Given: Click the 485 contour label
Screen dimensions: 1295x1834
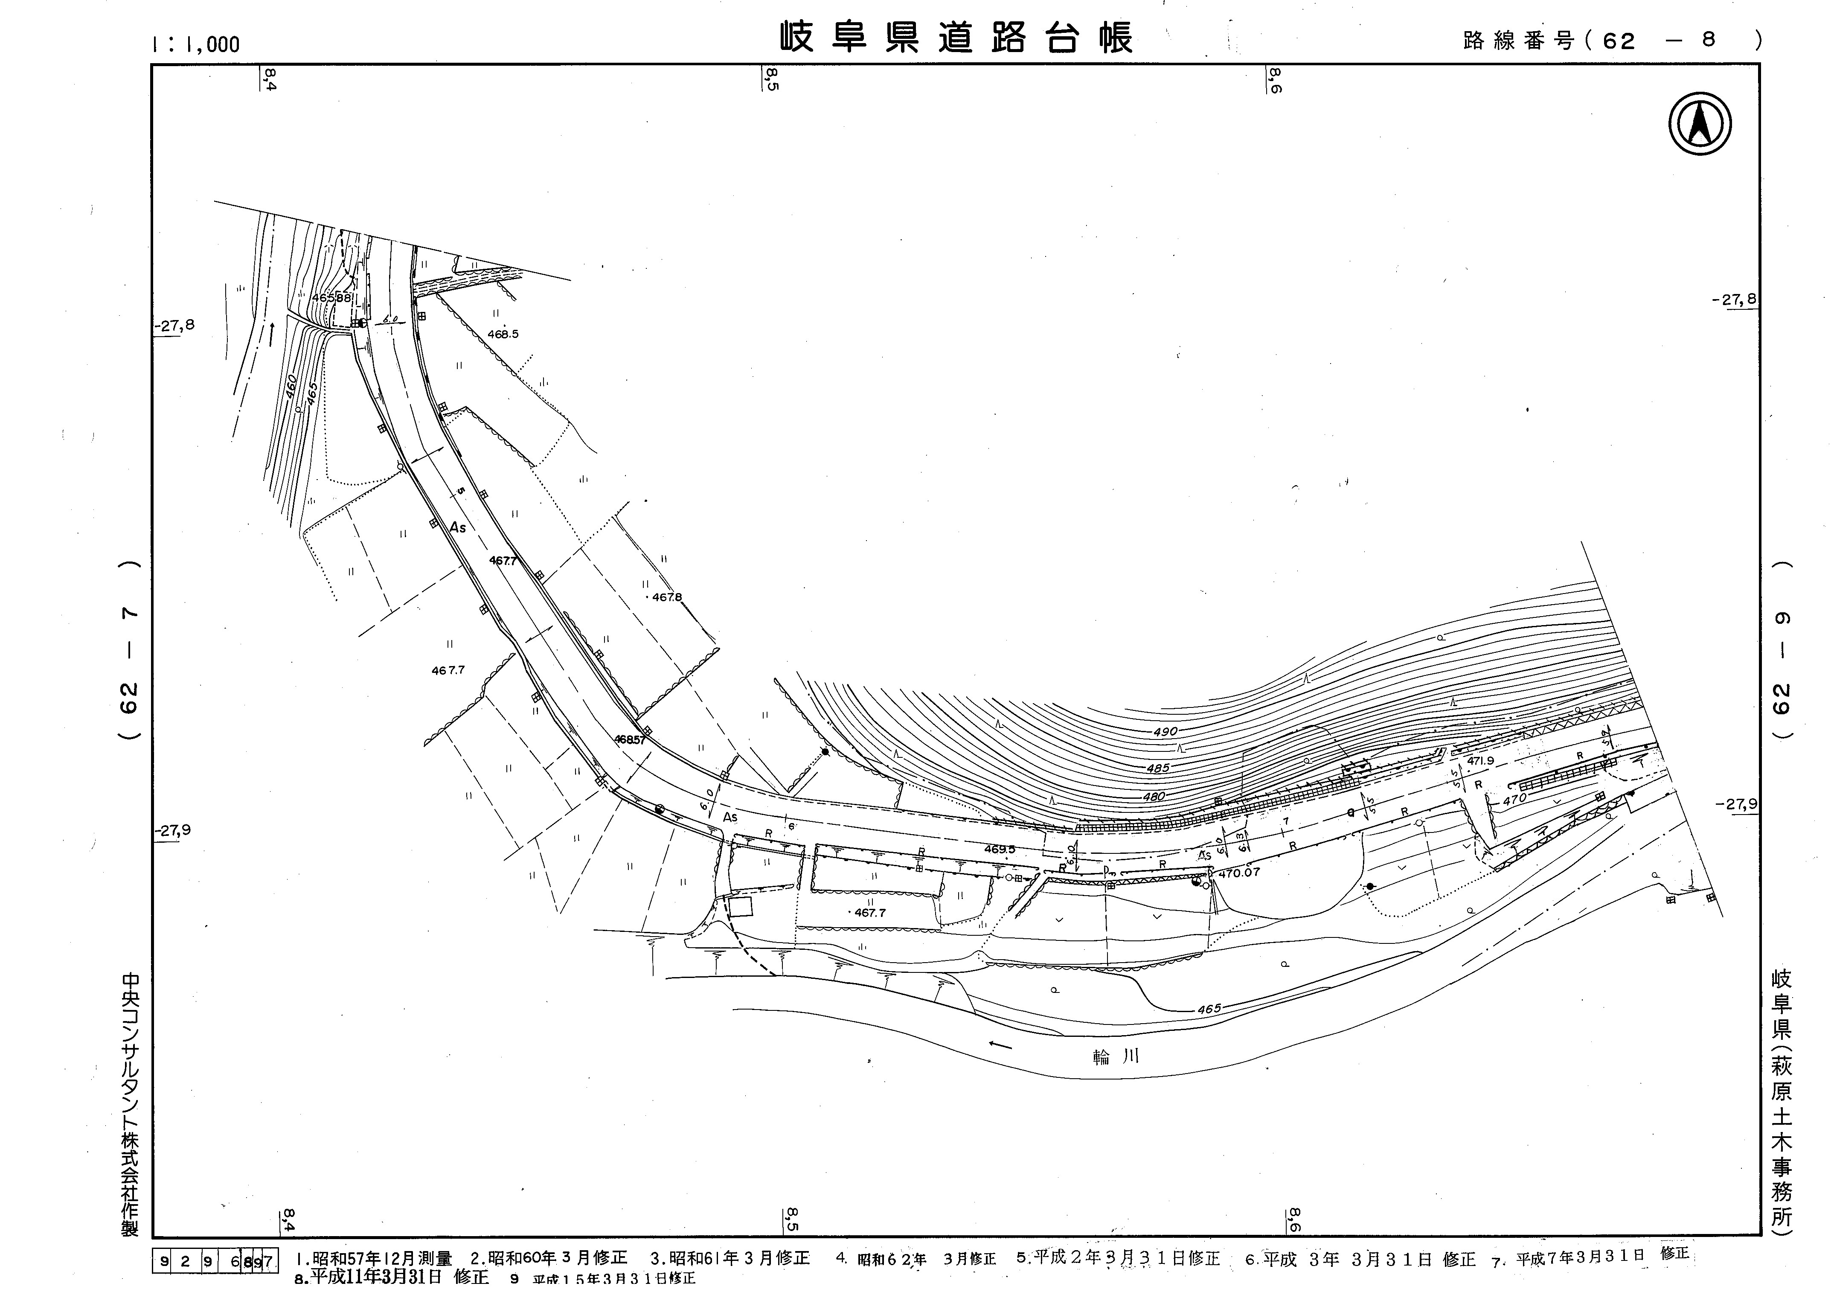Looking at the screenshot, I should (x=1157, y=768).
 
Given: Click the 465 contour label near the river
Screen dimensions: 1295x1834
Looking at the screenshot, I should (x=1209, y=1009).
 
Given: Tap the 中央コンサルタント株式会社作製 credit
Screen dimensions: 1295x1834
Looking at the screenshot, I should (x=129, y=1104).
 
